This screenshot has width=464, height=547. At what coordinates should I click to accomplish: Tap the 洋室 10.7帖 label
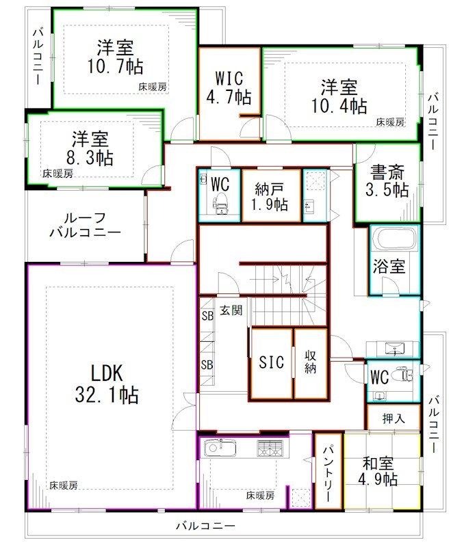(115, 57)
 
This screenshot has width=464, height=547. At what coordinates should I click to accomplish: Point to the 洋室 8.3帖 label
(90, 148)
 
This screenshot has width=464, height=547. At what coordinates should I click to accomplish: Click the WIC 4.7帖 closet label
(229, 87)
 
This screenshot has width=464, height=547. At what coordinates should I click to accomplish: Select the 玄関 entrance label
(231, 310)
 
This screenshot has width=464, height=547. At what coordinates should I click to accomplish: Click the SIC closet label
(271, 363)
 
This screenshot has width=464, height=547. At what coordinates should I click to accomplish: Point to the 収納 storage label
(310, 363)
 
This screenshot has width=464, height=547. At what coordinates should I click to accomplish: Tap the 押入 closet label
(391, 418)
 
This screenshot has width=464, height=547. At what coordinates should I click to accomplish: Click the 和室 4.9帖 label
(380, 471)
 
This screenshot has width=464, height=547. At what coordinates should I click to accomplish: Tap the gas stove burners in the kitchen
(268, 449)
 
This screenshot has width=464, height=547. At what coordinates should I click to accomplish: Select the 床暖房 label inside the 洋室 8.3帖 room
(56, 174)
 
